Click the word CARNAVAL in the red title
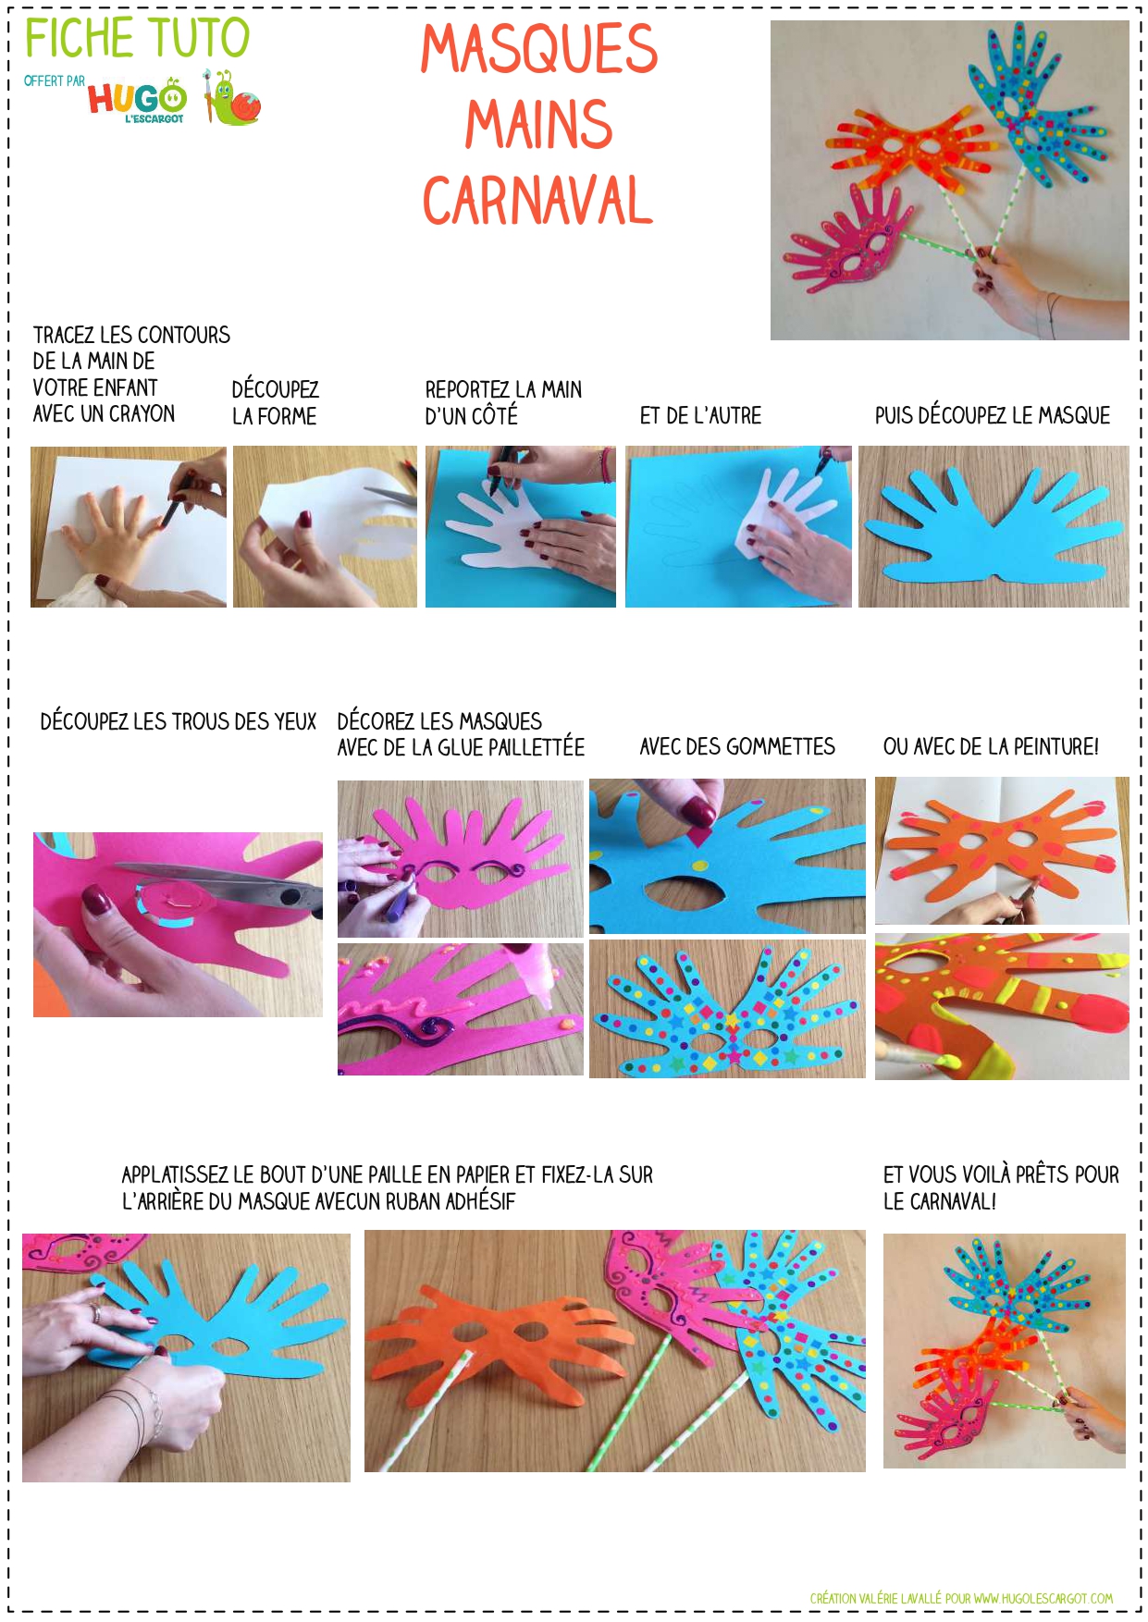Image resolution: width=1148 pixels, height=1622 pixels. coord(537,201)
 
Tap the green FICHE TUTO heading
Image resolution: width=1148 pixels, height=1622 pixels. coord(137,38)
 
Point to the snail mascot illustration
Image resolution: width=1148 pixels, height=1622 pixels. coord(232,98)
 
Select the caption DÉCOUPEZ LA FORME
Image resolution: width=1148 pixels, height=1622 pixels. coord(275,402)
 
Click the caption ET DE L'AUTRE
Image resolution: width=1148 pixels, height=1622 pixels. coord(700,416)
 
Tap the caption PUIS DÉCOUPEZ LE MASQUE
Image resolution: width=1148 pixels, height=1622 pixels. coord(993,415)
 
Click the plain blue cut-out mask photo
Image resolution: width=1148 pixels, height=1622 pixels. coord(994,527)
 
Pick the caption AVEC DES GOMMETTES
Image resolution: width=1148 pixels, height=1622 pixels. coord(737,746)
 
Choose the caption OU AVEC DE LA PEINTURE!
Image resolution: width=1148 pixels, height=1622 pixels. coord(991,746)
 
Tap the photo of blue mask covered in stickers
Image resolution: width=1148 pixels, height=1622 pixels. coord(727,1009)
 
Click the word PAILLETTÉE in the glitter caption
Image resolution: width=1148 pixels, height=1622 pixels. coord(540,746)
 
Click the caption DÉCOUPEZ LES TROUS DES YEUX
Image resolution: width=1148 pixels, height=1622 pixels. coord(178,721)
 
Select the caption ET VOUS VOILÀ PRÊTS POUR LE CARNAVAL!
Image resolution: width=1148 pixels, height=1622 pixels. coord(1001,1188)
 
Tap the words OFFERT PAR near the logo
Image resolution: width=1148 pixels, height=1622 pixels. coord(54,81)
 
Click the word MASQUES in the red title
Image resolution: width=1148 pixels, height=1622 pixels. coord(539,49)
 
